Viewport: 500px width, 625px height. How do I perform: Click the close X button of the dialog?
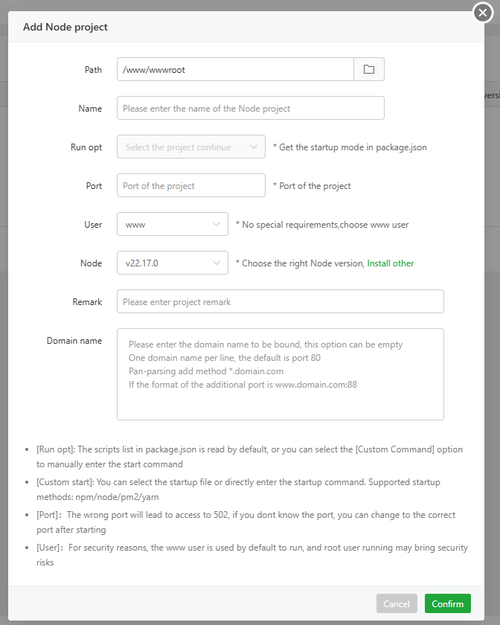tap(483, 13)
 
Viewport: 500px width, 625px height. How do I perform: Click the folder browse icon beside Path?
tap(368, 69)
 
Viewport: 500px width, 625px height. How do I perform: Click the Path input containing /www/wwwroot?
tap(234, 69)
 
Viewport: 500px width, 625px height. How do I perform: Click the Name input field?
tap(250, 108)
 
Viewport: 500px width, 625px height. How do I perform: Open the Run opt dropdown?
tap(190, 147)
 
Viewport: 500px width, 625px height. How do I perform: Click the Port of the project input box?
tap(190, 185)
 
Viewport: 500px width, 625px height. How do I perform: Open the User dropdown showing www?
tap(172, 224)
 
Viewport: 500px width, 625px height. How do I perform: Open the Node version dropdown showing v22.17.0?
tap(172, 263)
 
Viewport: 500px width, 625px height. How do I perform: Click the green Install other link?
tap(390, 263)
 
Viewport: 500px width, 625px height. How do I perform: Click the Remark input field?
tap(280, 301)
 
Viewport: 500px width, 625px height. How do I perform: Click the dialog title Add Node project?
tap(65, 27)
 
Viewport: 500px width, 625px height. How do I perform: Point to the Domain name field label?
tap(74, 341)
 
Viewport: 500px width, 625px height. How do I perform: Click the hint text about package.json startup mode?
tap(350, 147)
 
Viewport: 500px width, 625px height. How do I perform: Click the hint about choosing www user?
tap(321, 225)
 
